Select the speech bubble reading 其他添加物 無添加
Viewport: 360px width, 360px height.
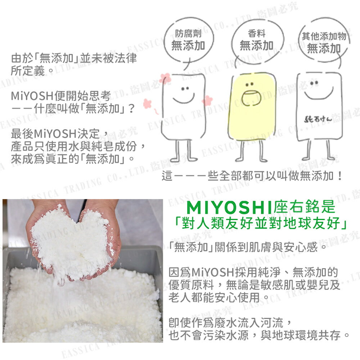(324, 42)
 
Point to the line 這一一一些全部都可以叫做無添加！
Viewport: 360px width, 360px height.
(252, 176)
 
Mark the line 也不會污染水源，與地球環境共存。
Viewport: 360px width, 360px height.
(259, 336)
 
